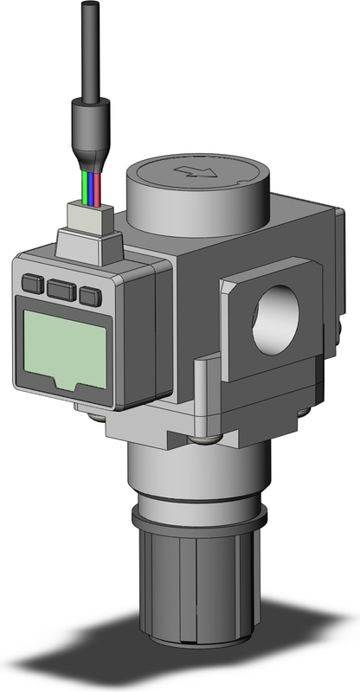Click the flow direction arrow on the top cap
pos(196,171)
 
